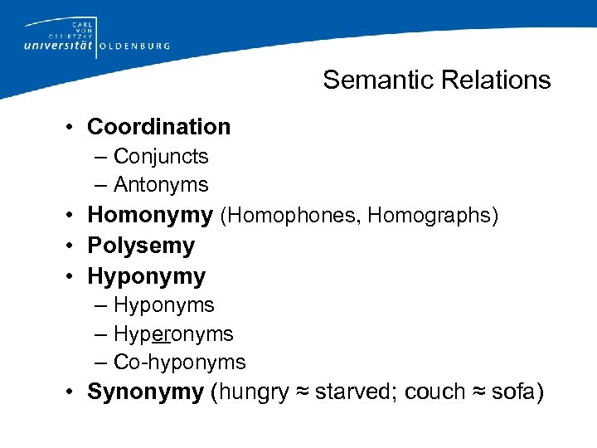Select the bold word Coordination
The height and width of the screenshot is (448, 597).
click(158, 127)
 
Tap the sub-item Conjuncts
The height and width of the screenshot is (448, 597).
click(161, 156)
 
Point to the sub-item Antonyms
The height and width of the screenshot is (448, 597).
click(161, 184)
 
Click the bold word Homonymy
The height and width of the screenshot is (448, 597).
click(150, 215)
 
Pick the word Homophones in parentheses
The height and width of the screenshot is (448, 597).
click(292, 216)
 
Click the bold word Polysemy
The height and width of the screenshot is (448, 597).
click(141, 246)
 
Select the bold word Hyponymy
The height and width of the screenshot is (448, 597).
click(146, 275)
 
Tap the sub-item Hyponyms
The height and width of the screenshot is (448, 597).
click(163, 305)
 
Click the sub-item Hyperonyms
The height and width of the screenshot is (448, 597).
click(173, 334)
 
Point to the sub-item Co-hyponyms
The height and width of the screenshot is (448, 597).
click(179, 363)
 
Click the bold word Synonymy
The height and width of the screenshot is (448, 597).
click(145, 392)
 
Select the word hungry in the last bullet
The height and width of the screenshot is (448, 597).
click(252, 392)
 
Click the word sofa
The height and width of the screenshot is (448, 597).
click(513, 392)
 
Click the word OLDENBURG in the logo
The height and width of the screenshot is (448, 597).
click(134, 46)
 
